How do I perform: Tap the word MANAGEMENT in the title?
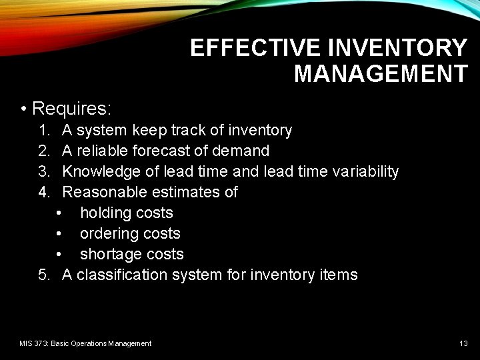(381, 74)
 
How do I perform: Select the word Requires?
(71, 108)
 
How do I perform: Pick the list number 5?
(44, 275)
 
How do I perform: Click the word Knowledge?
(101, 171)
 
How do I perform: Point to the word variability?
(361, 171)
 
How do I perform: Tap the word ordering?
(107, 233)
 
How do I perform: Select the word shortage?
(109, 254)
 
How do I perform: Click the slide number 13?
(463, 343)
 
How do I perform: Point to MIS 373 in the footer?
(34, 343)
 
